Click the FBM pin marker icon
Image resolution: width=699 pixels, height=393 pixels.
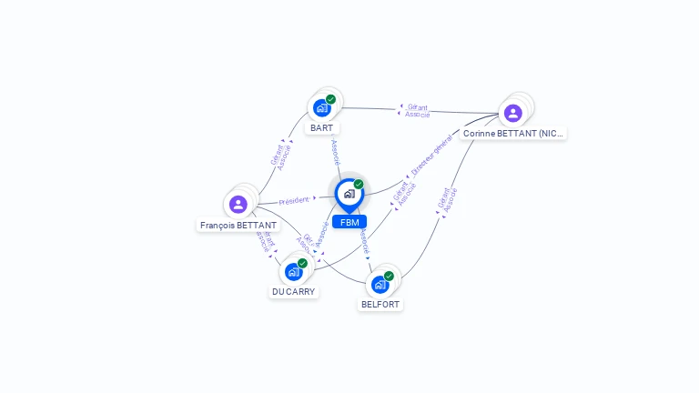tap(349, 194)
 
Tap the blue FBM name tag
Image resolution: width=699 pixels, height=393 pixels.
tap(349, 222)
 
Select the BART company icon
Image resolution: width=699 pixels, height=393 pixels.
tap(321, 108)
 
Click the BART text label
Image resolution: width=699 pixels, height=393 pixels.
tap(321, 128)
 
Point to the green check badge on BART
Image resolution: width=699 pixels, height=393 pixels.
tap(330, 99)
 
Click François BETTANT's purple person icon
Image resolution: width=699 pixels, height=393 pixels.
tap(238, 204)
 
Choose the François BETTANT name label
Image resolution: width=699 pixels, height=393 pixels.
tap(238, 225)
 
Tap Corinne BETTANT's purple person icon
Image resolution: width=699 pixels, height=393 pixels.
tap(512, 113)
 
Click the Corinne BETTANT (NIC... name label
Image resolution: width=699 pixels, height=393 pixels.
tap(512, 134)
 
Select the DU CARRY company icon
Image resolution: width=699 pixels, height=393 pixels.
tap(293, 271)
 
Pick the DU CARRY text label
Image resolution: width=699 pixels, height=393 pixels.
tap(293, 292)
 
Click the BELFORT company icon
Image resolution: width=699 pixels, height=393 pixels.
tap(380, 284)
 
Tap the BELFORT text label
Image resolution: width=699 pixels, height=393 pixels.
tap(380, 305)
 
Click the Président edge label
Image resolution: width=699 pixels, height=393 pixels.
tap(296, 200)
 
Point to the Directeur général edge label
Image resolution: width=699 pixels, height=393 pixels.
tap(431, 156)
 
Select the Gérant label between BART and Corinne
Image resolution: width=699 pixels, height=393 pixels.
tap(418, 107)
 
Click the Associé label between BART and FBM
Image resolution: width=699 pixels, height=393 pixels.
tap(335, 151)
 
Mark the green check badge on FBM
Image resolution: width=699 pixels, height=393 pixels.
tap(359, 185)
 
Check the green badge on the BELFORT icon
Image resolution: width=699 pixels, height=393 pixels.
tap(389, 276)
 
